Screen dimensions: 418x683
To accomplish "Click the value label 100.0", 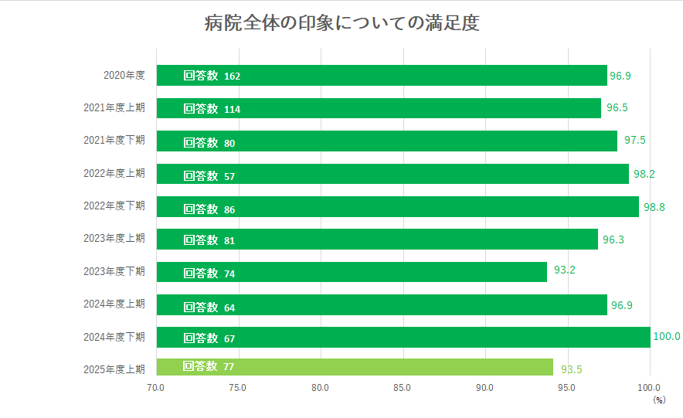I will [667, 337].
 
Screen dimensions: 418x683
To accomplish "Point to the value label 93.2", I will [565, 270].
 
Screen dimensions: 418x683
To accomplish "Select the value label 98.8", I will [654, 208].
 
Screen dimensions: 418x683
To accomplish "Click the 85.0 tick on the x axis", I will [403, 388].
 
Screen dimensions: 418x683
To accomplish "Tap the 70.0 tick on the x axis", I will [156, 388].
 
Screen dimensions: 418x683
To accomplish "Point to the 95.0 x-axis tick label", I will [567, 388].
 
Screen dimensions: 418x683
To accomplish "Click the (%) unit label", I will [658, 400].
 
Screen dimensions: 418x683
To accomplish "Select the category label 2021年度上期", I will [114, 108].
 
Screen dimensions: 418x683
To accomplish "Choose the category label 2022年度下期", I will [114, 206].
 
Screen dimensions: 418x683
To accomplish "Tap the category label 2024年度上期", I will [114, 304].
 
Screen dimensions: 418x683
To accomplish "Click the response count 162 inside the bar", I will [233, 76].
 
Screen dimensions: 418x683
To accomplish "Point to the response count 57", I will [229, 175].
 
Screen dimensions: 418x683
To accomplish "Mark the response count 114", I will [232, 110].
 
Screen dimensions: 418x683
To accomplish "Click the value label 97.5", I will [635, 140].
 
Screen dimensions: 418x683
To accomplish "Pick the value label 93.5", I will [571, 369].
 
